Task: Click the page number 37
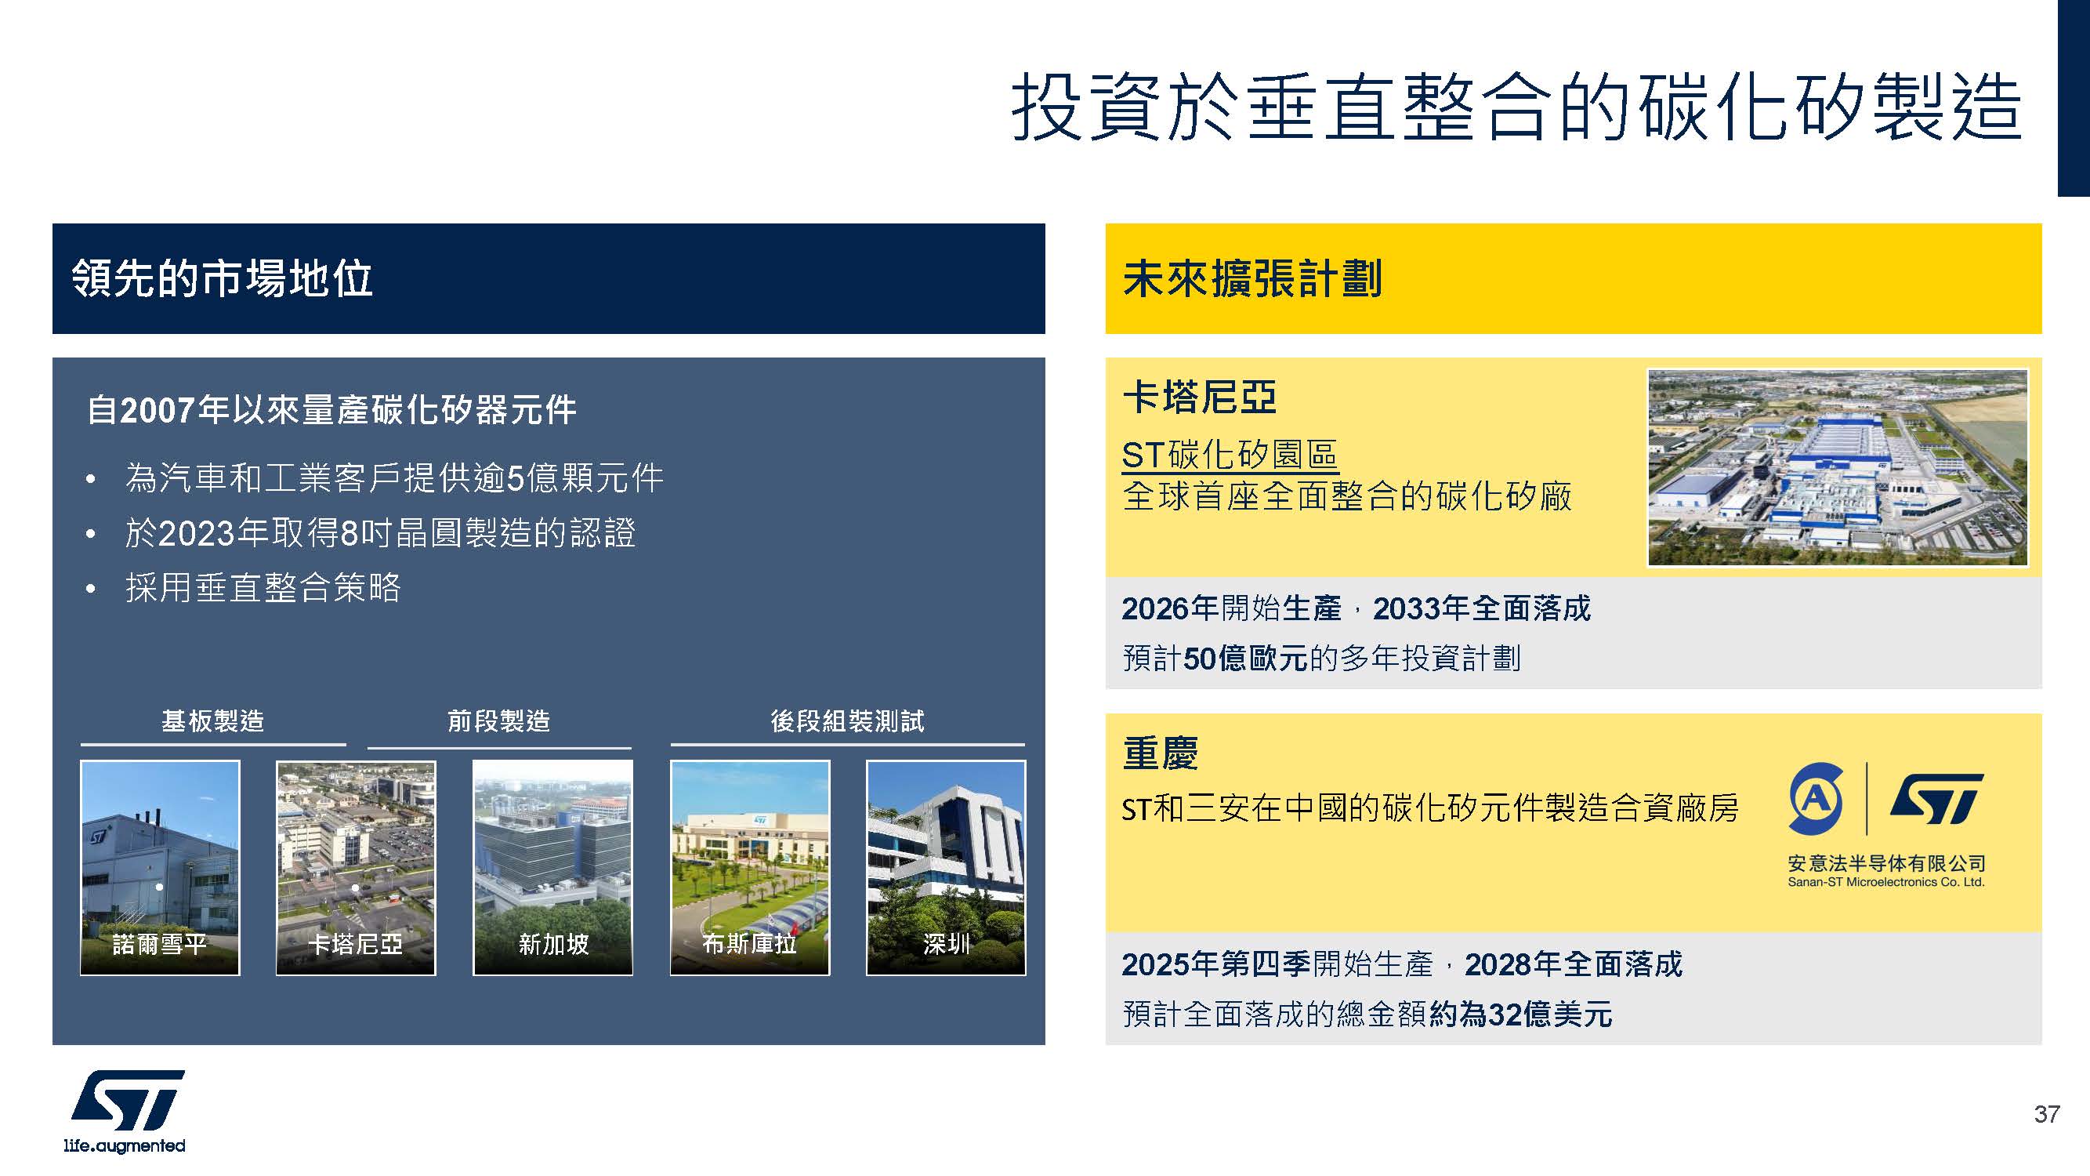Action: tap(2046, 1113)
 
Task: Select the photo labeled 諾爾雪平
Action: tap(160, 868)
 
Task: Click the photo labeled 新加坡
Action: tap(552, 868)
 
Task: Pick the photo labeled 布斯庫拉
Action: tap(750, 868)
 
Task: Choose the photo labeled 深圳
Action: tap(946, 868)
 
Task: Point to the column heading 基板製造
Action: tap(212, 720)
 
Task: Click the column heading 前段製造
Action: tap(499, 720)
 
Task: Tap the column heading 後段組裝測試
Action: tap(847, 720)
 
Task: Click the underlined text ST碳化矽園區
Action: tap(1230, 455)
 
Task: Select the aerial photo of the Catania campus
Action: tap(1838, 467)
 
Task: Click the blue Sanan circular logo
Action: tap(1817, 799)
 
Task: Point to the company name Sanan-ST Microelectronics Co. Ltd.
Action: tap(1886, 882)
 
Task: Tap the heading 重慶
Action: tap(1161, 753)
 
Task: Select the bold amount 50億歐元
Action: tap(1245, 659)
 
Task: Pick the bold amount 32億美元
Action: tap(1552, 1014)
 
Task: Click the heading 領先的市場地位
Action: tap(223, 278)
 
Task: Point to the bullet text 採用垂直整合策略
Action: tap(263, 587)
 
